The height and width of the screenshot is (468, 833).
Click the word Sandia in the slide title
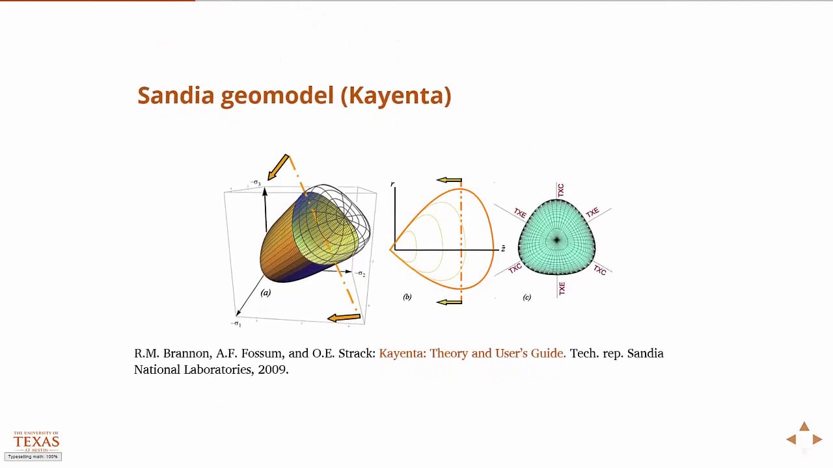176,96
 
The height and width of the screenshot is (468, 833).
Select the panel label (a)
266,292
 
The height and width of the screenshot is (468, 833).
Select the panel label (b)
407,297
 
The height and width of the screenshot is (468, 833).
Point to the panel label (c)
526,297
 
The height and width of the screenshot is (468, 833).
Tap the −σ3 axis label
256,183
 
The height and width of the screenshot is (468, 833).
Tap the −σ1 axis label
237,323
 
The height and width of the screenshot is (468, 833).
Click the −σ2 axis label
361,274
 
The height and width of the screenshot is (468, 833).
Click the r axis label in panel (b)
392,185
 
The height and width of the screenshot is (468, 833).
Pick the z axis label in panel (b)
503,249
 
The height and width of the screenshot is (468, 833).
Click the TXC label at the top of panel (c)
560,190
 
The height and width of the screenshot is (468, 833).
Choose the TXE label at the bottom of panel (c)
561,289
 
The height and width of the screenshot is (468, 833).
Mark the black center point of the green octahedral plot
556,240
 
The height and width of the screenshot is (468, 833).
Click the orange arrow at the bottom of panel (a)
344,317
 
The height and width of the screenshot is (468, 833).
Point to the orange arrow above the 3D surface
278,166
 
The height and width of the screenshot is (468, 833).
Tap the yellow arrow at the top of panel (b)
449,180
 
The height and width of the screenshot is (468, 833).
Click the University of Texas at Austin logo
36,441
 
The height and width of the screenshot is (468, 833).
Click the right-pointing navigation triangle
817,439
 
